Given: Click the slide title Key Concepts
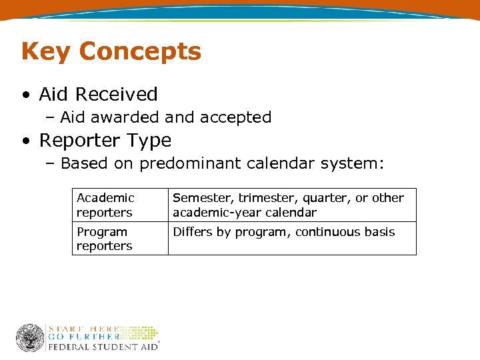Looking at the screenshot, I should tap(111, 51).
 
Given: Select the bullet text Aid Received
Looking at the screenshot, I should tap(98, 94).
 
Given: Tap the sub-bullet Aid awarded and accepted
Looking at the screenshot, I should tap(165, 117).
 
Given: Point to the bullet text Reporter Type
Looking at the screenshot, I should tap(105, 141).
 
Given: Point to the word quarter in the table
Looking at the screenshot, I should tap(329, 198).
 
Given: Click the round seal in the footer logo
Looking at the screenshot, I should tap(30, 338).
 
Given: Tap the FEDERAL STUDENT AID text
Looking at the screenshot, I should tap(103, 347).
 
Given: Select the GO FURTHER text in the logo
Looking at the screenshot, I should tap(84, 337).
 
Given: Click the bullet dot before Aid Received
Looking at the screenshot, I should tap(25, 95).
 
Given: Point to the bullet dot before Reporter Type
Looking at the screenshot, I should tap(25, 141).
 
